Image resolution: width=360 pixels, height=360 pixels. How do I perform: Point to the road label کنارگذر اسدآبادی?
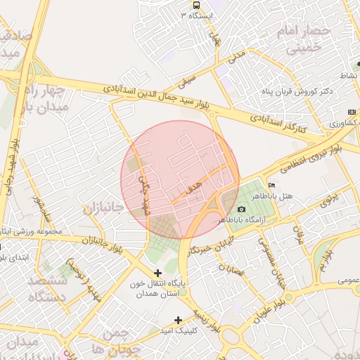click(x=279, y=124)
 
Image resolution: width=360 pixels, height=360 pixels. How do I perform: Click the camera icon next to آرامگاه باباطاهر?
click(x=242, y=210)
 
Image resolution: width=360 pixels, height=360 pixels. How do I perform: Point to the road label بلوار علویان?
click(x=271, y=307)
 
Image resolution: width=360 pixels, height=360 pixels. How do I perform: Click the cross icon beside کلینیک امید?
click(x=179, y=320)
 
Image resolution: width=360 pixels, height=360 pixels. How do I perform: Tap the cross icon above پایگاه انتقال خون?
click(x=157, y=273)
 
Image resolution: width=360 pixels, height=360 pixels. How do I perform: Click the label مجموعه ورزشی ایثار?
click(x=32, y=231)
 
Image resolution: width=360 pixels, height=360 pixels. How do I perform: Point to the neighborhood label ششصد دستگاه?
click(x=48, y=288)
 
